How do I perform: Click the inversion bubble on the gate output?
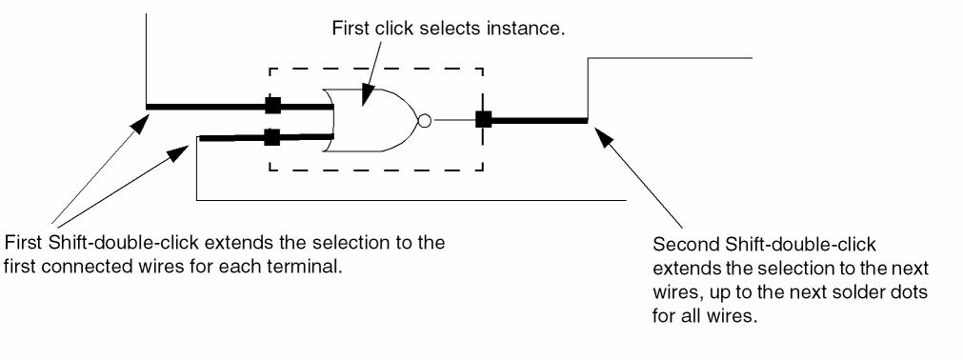(x=425, y=120)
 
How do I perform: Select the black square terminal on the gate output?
(x=484, y=119)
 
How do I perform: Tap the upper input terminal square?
(x=272, y=106)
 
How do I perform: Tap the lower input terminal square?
(x=272, y=137)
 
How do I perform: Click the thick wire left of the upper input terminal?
(x=206, y=107)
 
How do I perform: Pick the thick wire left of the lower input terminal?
(x=231, y=138)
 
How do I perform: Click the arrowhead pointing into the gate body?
(x=367, y=96)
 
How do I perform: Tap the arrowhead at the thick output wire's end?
(x=605, y=138)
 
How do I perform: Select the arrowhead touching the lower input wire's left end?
(x=178, y=152)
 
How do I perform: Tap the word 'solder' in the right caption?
(x=855, y=292)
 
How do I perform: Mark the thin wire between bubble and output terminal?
(x=453, y=120)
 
